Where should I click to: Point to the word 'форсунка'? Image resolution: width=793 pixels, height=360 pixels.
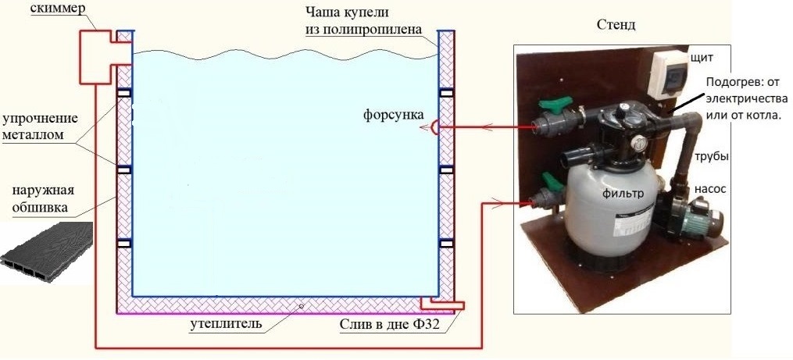pos(391,115)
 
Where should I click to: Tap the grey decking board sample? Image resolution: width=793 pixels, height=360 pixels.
pos(47,253)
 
